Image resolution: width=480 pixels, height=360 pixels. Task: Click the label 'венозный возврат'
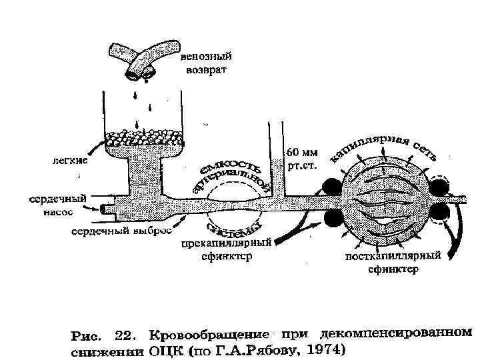coord(204,63)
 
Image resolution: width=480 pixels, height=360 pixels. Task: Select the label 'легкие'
coord(69,159)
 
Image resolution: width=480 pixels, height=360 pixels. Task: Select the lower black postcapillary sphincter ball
coord(439,214)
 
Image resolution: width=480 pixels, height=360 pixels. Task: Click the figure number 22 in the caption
coord(127,333)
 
